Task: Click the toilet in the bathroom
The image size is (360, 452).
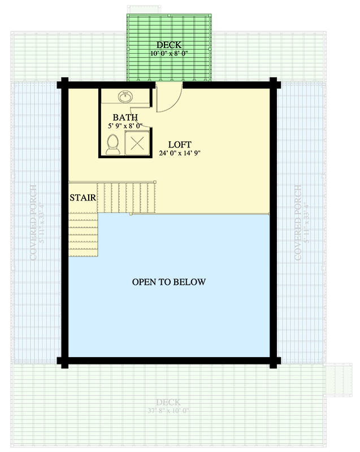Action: click(x=112, y=144)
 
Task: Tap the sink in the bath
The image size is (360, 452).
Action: click(x=125, y=98)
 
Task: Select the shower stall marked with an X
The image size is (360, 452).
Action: click(x=137, y=142)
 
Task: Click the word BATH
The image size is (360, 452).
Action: click(x=124, y=118)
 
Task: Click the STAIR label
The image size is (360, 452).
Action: click(x=83, y=198)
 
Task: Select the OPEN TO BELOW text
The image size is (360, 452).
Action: click(x=168, y=281)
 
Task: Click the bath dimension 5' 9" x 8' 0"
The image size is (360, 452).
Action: click(x=124, y=126)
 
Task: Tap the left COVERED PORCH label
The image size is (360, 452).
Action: click(x=34, y=222)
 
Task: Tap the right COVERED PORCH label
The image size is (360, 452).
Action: click(x=298, y=222)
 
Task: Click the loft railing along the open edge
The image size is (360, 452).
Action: click(x=201, y=214)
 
